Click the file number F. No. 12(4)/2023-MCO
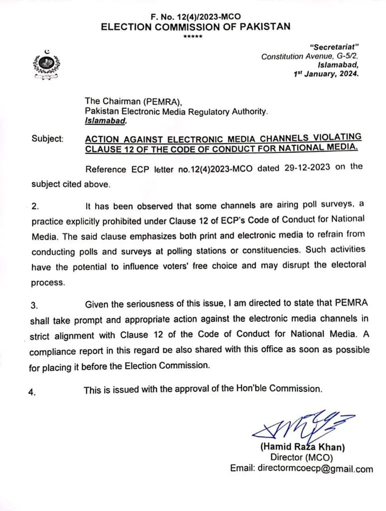point(195,16)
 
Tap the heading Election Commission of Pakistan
point(195,27)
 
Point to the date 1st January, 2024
point(326,73)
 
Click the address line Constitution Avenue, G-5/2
point(310,56)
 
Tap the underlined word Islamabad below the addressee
point(105,120)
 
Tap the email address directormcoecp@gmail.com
point(301,469)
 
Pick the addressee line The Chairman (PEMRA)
point(130,102)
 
